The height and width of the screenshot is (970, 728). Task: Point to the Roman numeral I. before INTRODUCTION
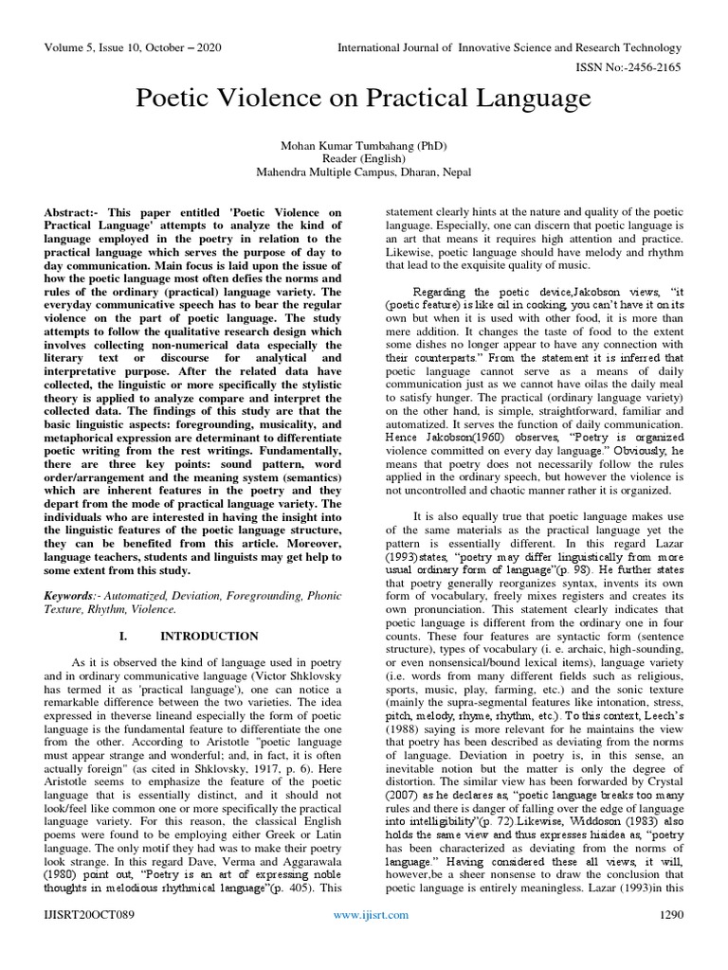[x=127, y=636]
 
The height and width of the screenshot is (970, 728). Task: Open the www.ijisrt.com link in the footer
[x=371, y=941]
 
